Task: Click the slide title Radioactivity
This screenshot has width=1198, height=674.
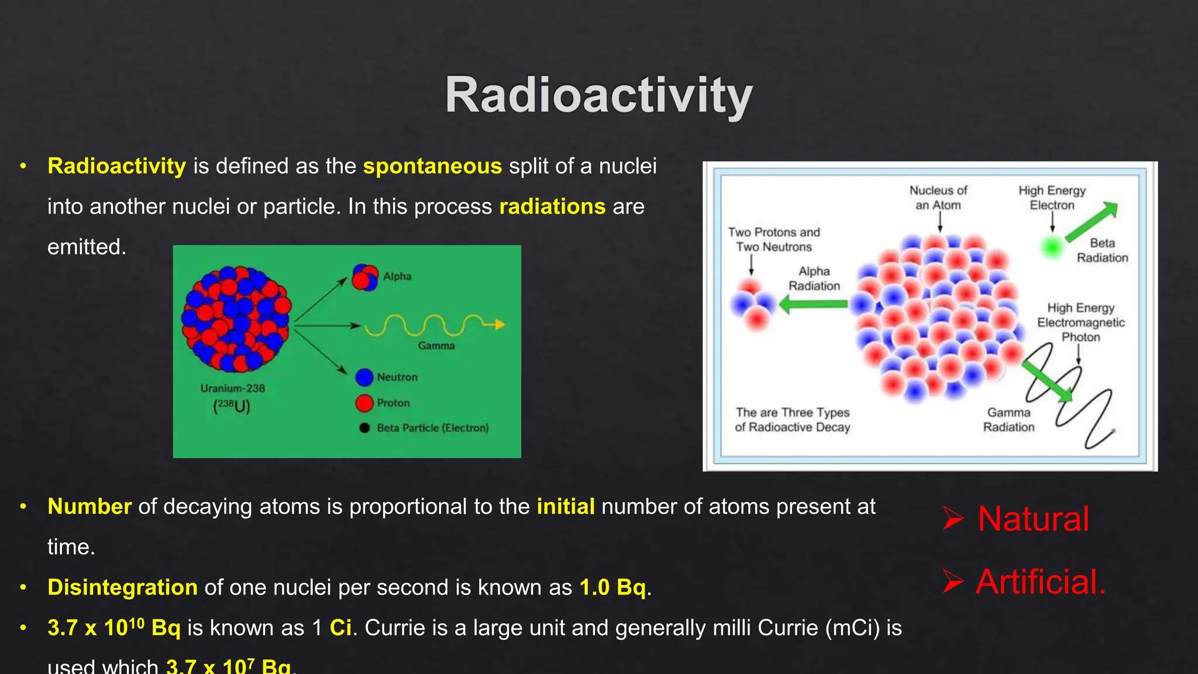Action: point(598,95)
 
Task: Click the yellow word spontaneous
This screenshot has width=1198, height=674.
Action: point(432,167)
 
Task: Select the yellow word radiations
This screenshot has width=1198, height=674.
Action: point(552,207)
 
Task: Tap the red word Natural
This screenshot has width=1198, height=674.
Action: point(1033,519)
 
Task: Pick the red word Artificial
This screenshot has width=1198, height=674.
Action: point(1040,582)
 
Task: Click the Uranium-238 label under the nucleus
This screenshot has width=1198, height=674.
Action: point(232,388)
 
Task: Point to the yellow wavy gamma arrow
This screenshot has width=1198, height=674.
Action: point(433,325)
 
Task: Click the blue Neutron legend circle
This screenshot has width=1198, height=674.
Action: point(364,377)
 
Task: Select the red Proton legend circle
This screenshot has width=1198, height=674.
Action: point(364,403)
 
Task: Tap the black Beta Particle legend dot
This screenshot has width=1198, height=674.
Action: point(364,428)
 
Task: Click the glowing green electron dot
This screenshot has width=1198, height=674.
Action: point(1052,247)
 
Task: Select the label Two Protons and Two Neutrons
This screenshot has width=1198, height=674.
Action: point(774,240)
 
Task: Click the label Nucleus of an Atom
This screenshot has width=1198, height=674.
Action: point(938,198)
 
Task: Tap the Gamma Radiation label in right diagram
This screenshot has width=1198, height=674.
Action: point(1008,420)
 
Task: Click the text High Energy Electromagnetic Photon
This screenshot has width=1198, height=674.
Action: point(1080,322)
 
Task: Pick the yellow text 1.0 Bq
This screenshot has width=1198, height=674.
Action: point(612,587)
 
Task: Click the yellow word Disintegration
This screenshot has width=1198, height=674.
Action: point(122,587)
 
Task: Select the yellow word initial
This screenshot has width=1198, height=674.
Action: point(565,507)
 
